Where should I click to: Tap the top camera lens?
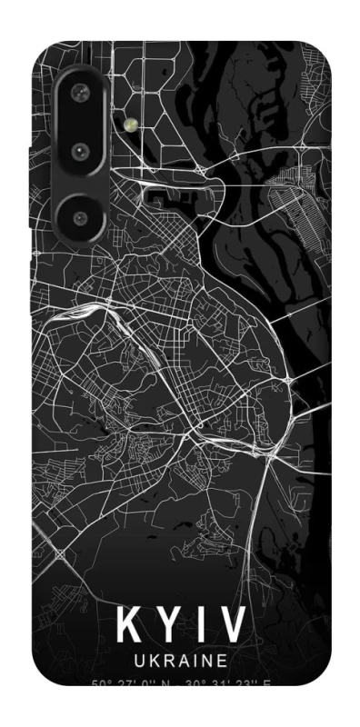pyautogui.click(x=80, y=91)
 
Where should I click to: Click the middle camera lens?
pyautogui.click(x=80, y=151)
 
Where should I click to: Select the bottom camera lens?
pyautogui.click(x=80, y=216)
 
